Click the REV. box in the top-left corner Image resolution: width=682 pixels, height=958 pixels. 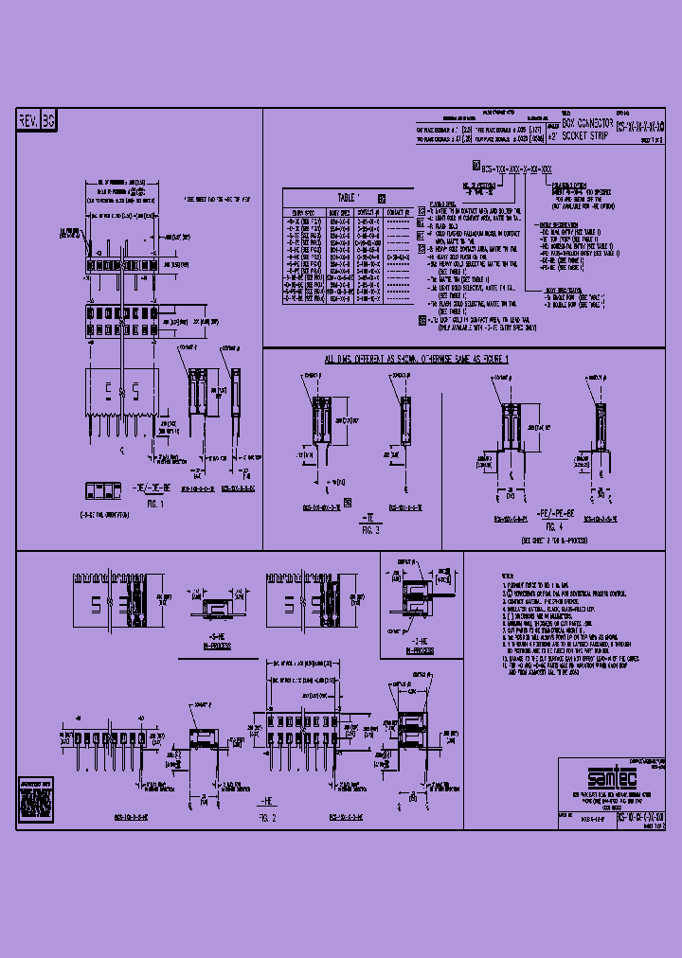pos(28,120)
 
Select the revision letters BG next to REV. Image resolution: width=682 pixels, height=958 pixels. pos(49,120)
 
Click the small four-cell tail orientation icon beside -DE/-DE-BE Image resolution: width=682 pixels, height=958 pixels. pos(103,490)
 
